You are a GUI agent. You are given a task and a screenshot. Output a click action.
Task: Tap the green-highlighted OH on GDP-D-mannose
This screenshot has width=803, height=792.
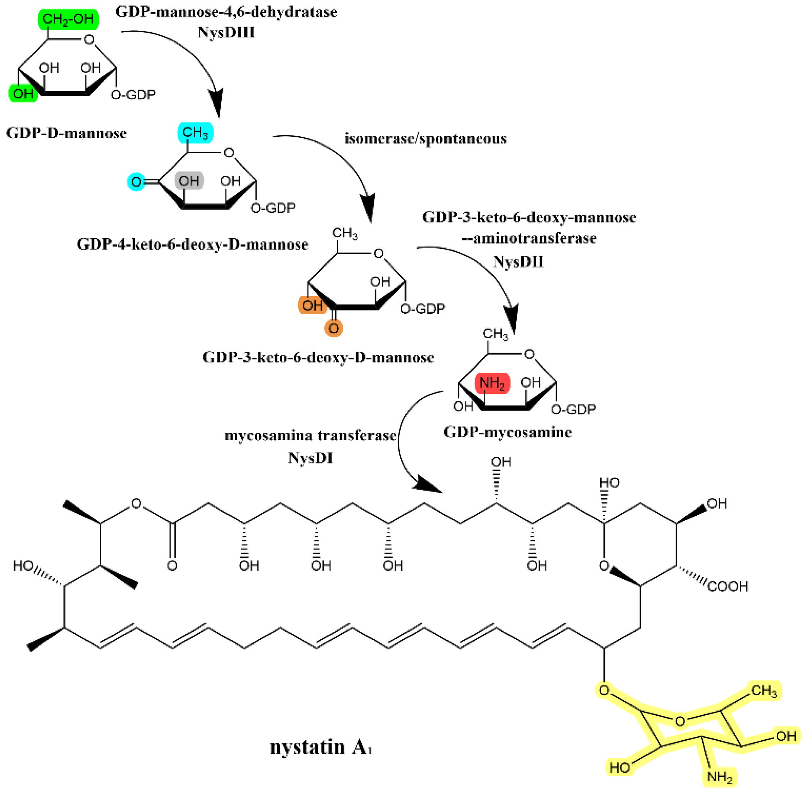pyautogui.click(x=23, y=93)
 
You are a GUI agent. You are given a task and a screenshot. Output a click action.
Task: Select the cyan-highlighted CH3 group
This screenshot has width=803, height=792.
pyautogui.click(x=195, y=132)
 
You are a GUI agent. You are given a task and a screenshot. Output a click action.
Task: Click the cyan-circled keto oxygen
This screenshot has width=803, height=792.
pyautogui.click(x=136, y=181)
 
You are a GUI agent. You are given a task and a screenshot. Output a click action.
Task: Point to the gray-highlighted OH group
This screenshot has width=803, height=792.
pyautogui.click(x=189, y=181)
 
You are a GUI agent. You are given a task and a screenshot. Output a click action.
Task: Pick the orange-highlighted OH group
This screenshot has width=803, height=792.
pyautogui.click(x=312, y=305)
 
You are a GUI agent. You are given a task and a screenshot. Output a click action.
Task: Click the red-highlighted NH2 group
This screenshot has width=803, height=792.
pyautogui.click(x=493, y=383)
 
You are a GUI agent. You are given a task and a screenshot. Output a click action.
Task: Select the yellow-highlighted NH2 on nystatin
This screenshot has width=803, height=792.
pyautogui.click(x=720, y=777)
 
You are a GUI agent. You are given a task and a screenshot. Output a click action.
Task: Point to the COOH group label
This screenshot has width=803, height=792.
pyautogui.click(x=728, y=587)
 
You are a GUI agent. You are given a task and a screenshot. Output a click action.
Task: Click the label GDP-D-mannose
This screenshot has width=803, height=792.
pyautogui.click(x=66, y=134)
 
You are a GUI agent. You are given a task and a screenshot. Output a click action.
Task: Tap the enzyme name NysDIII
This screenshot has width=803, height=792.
pyautogui.click(x=226, y=32)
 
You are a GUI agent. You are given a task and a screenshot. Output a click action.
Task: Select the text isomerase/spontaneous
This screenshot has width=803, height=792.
pyautogui.click(x=425, y=139)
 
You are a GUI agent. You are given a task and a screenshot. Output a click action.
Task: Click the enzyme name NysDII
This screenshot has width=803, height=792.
pyautogui.click(x=518, y=261)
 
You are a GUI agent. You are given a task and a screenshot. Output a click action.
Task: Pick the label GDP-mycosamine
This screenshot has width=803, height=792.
pyautogui.click(x=508, y=432)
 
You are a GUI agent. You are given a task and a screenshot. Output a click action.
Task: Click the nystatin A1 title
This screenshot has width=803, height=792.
pyautogui.click(x=320, y=747)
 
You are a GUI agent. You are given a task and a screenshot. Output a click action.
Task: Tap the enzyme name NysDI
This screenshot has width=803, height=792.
pyautogui.click(x=310, y=458)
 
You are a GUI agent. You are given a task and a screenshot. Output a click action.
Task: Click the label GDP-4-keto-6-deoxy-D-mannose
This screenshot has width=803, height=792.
pyautogui.click(x=192, y=244)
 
